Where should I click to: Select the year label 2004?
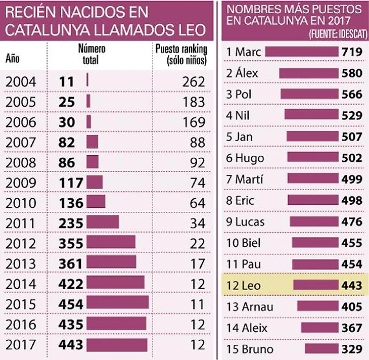pyautogui.click(x=21, y=81)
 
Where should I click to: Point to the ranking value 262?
pyautogui.click(x=194, y=81)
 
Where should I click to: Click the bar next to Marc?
pyautogui.click(x=301, y=52)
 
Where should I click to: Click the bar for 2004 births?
pyautogui.click(x=87, y=80)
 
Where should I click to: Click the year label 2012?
pyautogui.click(x=21, y=243)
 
